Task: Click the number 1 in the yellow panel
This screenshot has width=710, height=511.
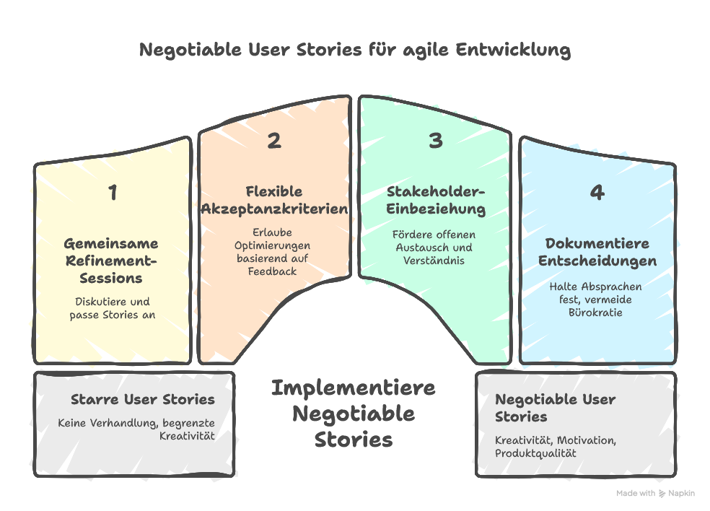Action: coord(113,193)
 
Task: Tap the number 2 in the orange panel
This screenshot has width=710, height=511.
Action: coord(274,141)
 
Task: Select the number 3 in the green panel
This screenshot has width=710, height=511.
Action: coord(435,141)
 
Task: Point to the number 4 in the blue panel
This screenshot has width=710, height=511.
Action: coord(597,193)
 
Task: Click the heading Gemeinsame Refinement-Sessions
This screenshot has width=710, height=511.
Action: coord(111,261)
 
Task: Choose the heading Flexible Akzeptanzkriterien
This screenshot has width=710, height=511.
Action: coord(273,200)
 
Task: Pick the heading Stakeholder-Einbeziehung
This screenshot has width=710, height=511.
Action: coord(436,200)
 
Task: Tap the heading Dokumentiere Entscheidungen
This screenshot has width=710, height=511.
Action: coord(597,252)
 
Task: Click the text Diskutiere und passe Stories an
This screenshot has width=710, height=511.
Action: coord(111,308)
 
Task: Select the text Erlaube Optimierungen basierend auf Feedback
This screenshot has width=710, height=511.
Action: coord(273,251)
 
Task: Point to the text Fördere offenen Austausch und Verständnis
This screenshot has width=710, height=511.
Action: coord(435,247)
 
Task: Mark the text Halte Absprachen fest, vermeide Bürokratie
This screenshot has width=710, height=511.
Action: coord(597,299)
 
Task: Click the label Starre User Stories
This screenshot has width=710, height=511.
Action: coord(143,399)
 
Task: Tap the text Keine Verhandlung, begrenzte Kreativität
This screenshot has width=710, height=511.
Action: coord(137,429)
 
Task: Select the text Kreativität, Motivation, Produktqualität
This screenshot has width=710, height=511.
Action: coord(556,446)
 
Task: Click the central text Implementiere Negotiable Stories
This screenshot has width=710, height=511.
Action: coord(354,414)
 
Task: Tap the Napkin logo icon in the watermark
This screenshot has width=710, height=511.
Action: coord(662,494)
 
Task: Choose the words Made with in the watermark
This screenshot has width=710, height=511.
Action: coord(636,494)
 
